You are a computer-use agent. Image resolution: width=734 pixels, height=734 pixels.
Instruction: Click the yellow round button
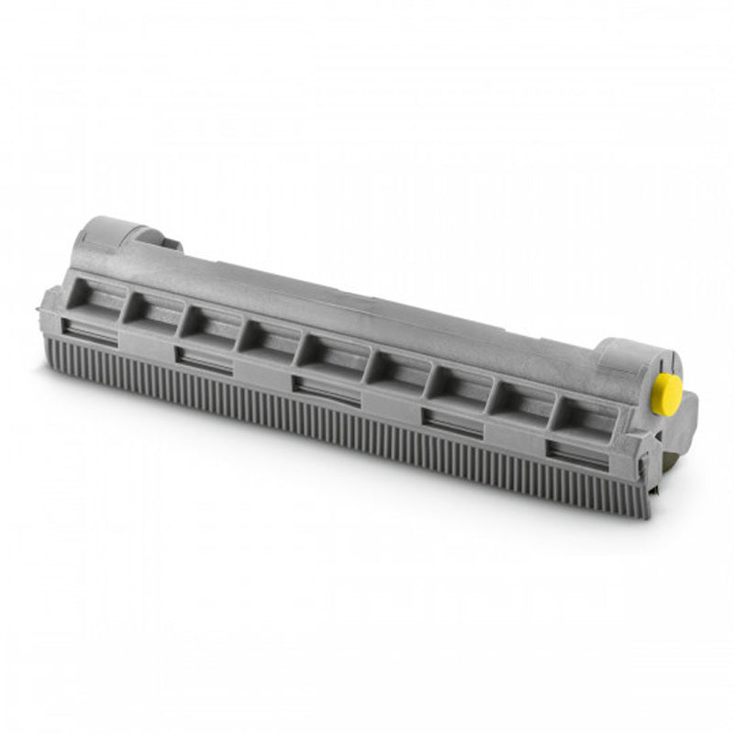pos(666,393)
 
